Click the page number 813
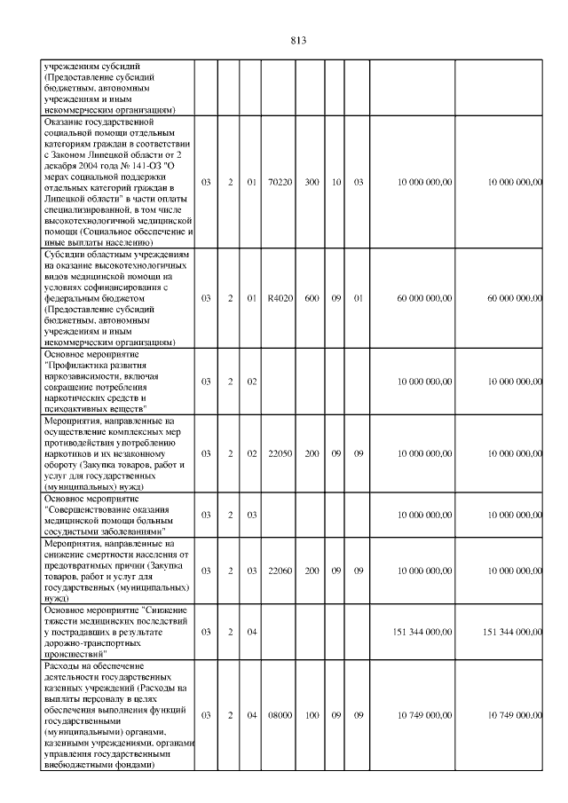pos(297,40)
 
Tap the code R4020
pos(280,299)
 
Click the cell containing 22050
pos(280,453)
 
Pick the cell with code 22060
pos(280,571)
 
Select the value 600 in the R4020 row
pos(312,299)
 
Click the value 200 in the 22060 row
pos(312,571)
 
